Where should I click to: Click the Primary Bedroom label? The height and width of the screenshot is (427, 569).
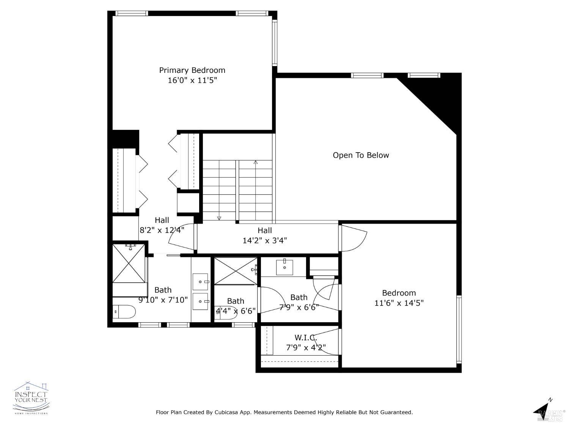(192, 70)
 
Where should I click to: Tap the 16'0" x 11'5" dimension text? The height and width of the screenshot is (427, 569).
(192, 80)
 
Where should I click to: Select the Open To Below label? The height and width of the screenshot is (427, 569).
(361, 155)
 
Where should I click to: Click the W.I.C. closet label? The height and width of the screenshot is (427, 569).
(306, 337)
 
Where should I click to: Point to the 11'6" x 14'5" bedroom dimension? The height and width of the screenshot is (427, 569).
(399, 303)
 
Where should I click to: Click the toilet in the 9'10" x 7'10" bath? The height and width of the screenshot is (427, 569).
(124, 312)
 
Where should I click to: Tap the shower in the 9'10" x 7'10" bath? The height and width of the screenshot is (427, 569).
(129, 263)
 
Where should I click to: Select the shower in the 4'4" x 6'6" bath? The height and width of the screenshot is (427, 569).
(236, 271)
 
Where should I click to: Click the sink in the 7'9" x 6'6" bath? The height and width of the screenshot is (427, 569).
(284, 267)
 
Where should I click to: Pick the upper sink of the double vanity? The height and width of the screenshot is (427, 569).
(200, 282)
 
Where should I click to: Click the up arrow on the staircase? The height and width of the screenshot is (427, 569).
(256, 162)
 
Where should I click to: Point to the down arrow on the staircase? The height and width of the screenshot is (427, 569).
(219, 218)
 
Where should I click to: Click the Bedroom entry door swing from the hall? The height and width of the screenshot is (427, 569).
(354, 238)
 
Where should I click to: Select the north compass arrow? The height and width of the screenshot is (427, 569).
(543, 409)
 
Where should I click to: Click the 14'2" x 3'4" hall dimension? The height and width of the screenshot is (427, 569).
(264, 240)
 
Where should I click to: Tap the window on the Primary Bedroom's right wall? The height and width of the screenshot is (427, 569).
(275, 43)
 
